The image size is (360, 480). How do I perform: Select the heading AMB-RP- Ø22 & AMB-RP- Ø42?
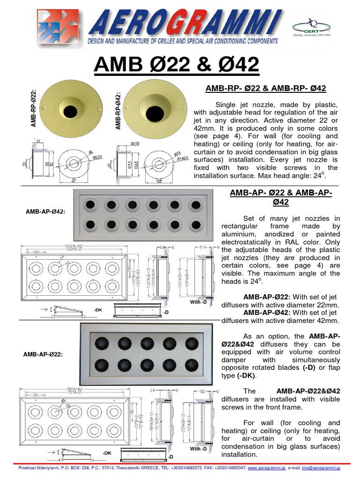point(266,88)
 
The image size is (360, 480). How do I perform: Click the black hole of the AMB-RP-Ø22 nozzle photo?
point(70,111)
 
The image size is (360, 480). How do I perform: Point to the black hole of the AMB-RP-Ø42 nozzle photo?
point(154,113)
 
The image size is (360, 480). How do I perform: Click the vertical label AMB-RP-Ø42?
point(118,110)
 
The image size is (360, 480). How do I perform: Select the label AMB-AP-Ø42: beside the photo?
point(45,211)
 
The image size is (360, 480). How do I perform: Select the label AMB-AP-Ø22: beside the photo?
point(43,354)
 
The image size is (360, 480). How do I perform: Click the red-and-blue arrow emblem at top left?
point(59,28)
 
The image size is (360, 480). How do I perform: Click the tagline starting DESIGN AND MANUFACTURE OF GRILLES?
point(183,42)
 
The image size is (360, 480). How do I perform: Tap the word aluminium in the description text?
point(238,234)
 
